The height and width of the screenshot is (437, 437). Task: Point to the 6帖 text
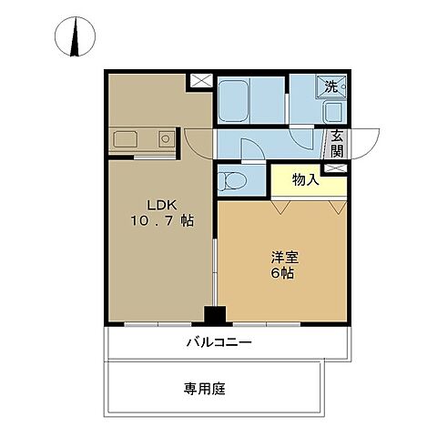(x=280, y=273)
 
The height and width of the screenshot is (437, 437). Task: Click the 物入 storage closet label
(x=306, y=179)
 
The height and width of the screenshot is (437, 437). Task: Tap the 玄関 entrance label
(x=337, y=144)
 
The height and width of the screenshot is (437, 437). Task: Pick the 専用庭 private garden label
(x=205, y=389)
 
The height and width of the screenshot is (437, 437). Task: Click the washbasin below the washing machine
(x=332, y=112)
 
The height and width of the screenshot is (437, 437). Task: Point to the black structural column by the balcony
(x=214, y=316)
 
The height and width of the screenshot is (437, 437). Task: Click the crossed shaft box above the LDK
(x=202, y=80)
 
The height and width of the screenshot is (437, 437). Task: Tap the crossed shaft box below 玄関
(x=336, y=169)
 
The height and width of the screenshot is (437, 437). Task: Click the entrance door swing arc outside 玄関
(x=365, y=140)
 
